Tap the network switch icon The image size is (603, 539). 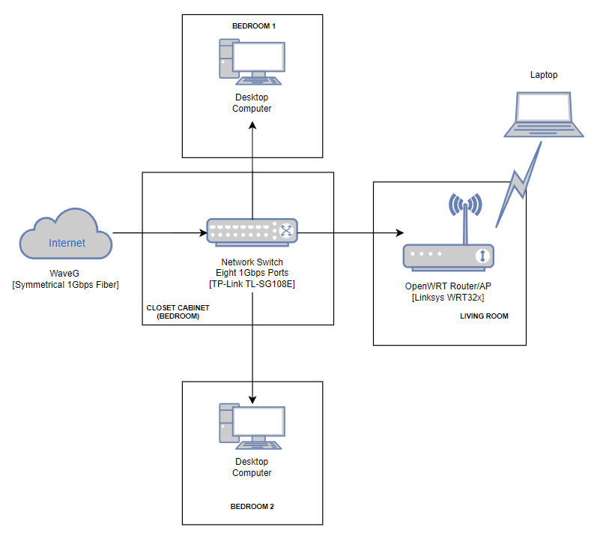pyautogui.click(x=252, y=232)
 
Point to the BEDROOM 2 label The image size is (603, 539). pyautogui.click(x=252, y=507)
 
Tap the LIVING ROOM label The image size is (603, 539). pyautogui.click(x=484, y=316)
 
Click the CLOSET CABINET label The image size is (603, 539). pyautogui.click(x=178, y=307)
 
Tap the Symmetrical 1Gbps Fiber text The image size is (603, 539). pyautogui.click(x=66, y=286)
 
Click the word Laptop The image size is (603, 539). pyautogui.click(x=544, y=75)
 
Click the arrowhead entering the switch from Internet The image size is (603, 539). pyautogui.click(x=202, y=233)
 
